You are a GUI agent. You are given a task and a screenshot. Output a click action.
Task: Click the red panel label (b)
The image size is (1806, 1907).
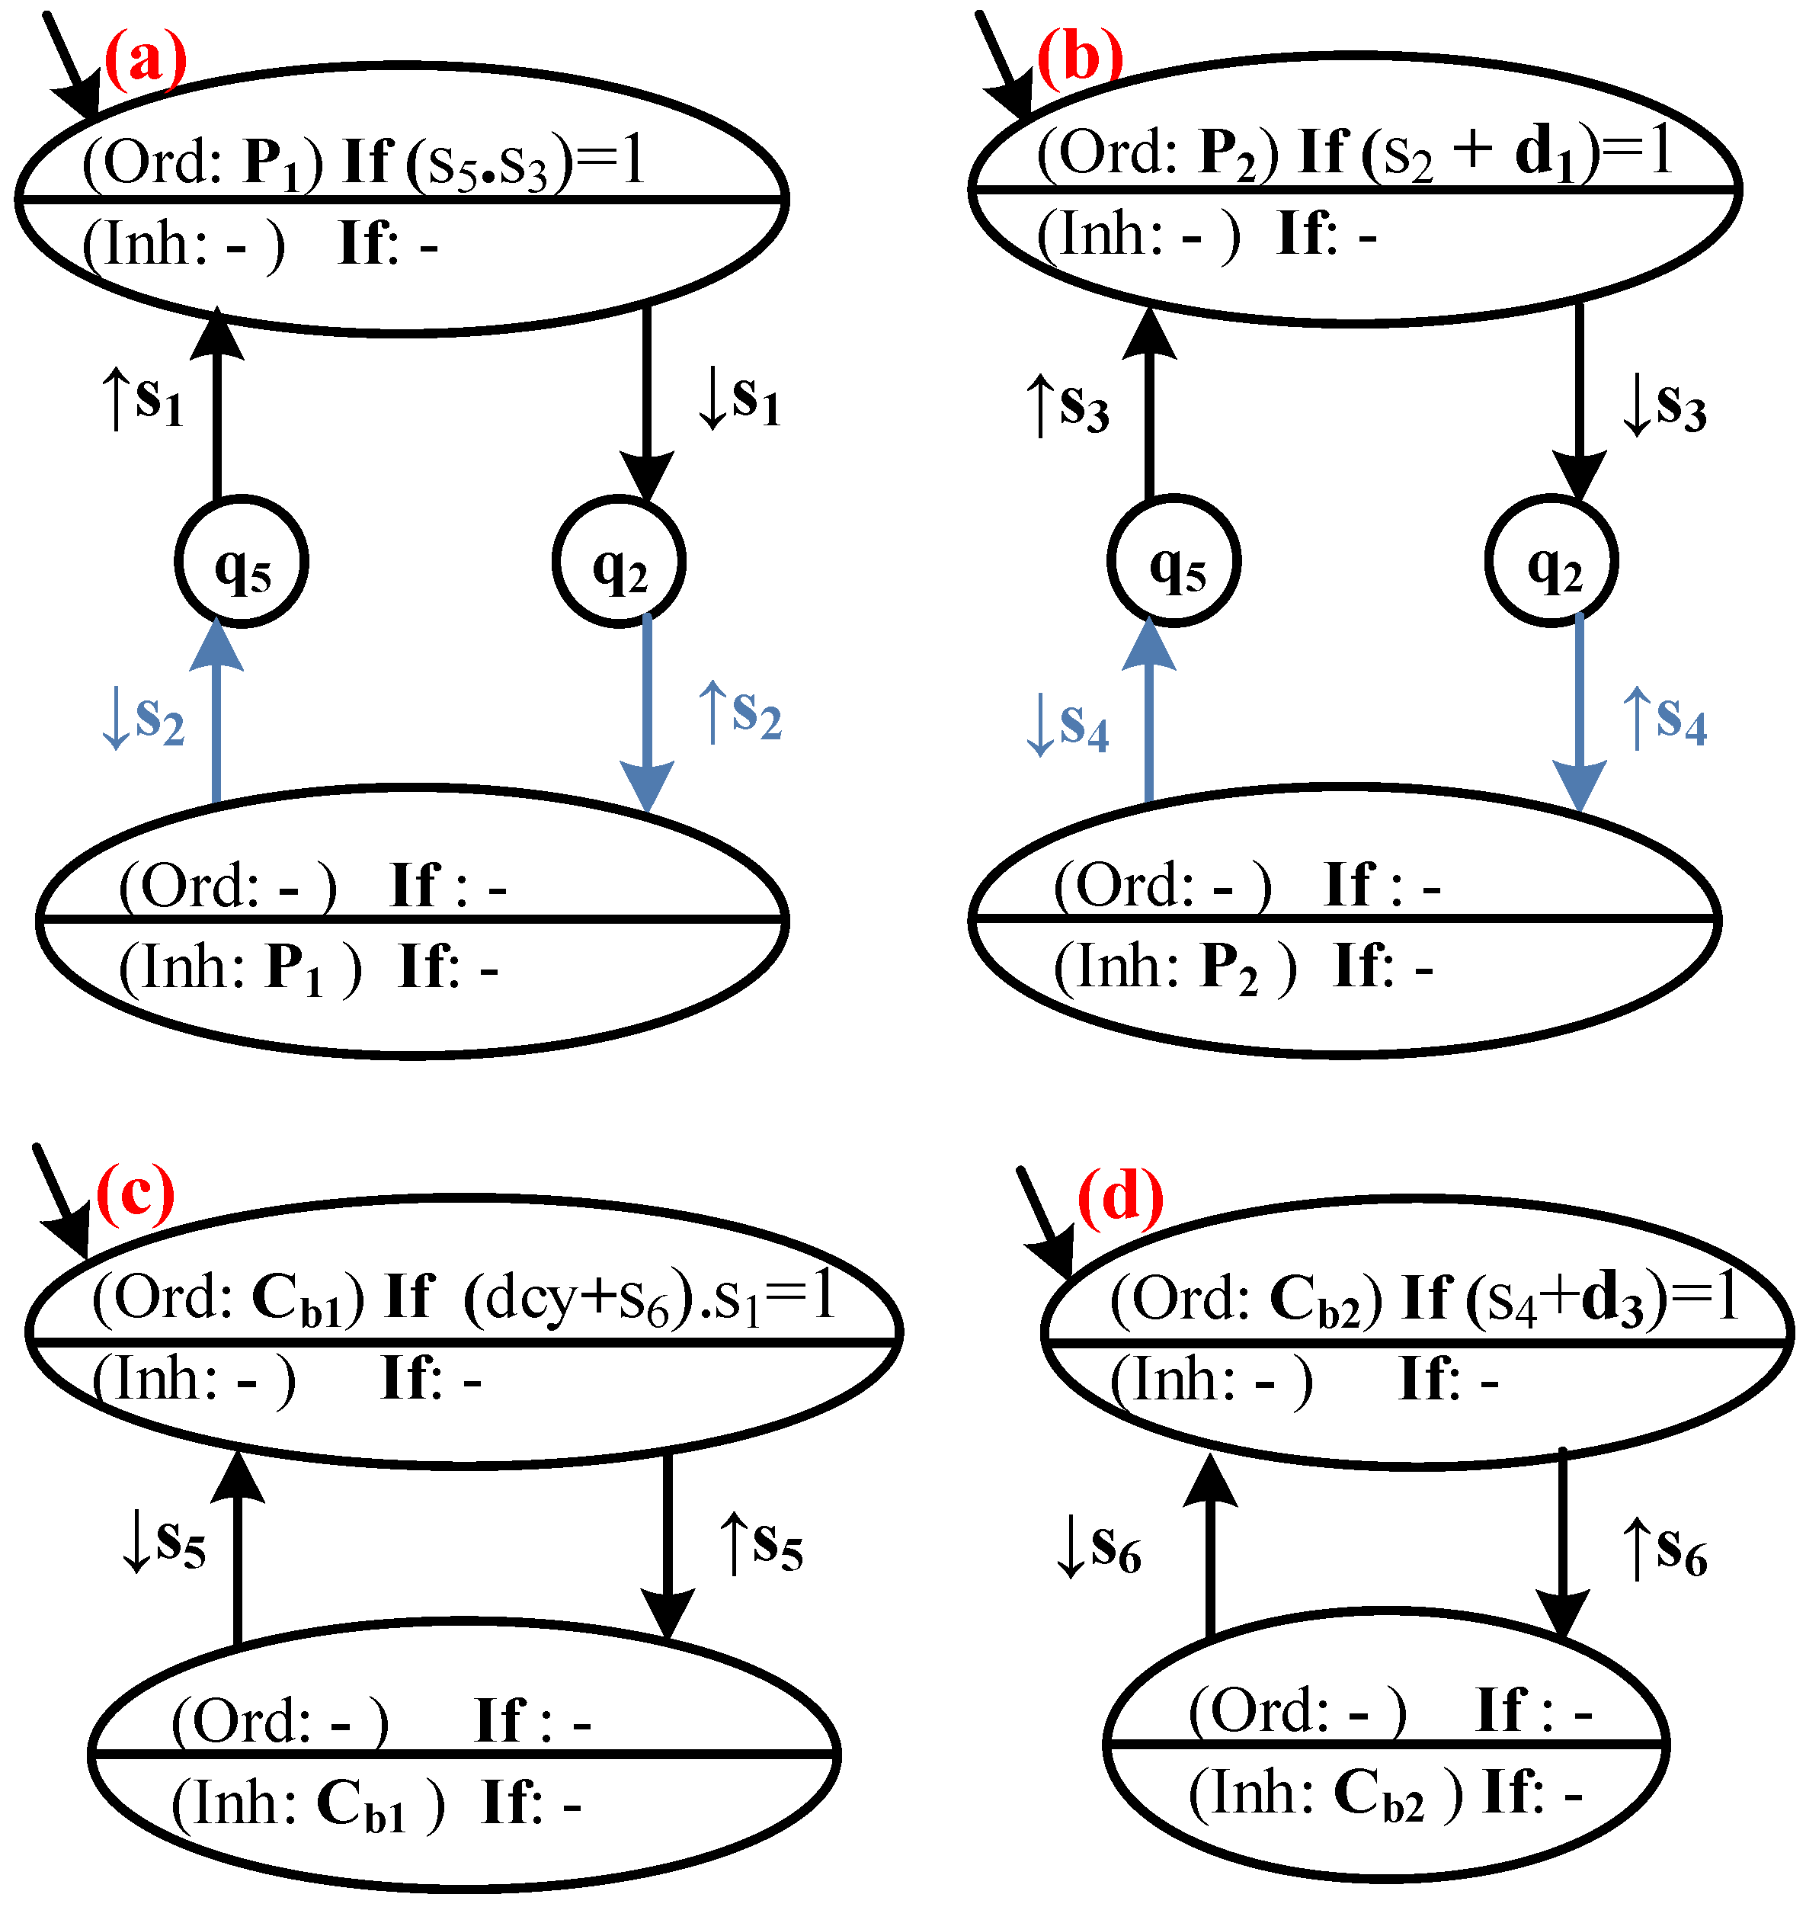click(1079, 56)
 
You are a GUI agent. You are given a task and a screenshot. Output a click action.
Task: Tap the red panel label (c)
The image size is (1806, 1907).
click(136, 1194)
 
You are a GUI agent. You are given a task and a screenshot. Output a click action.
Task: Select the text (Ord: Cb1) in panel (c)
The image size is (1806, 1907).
click(228, 1299)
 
